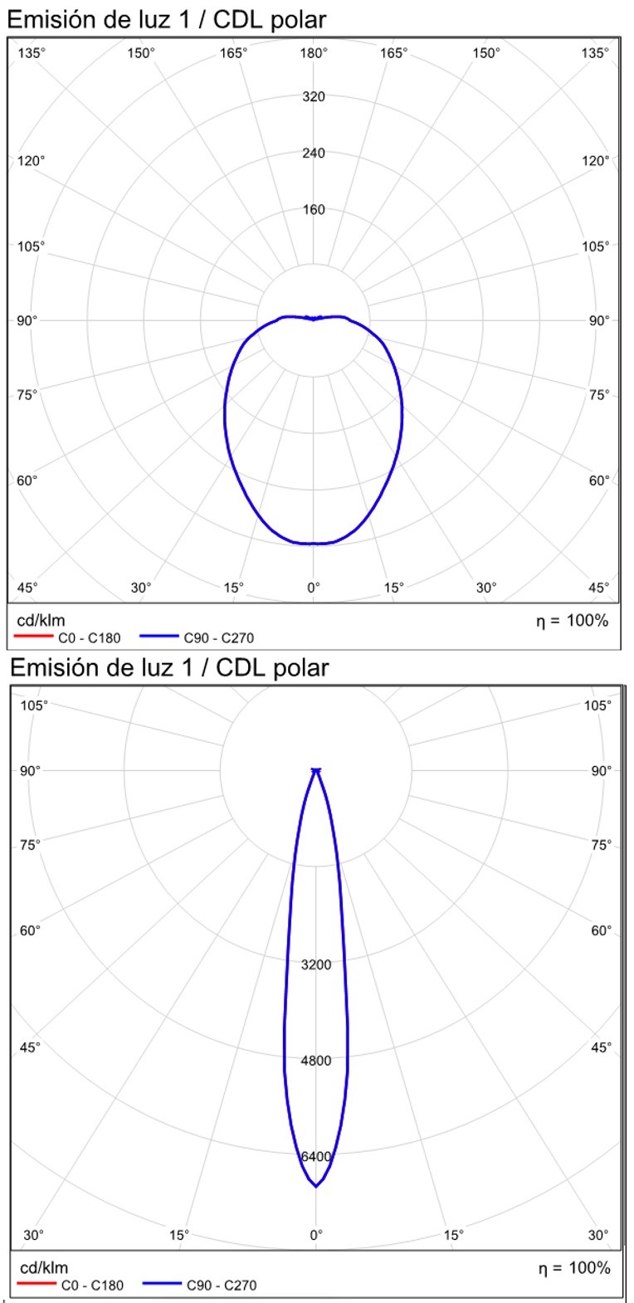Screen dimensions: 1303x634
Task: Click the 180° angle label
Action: pyautogui.click(x=314, y=53)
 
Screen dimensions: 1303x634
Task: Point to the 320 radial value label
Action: pyautogui.click(x=314, y=96)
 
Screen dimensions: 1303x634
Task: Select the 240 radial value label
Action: pyautogui.click(x=314, y=153)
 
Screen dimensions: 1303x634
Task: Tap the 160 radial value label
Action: pyautogui.click(x=314, y=209)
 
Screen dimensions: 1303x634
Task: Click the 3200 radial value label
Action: pyautogui.click(x=316, y=964)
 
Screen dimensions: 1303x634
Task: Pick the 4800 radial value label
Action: pyautogui.click(x=316, y=1060)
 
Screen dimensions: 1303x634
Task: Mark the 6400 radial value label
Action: pyautogui.click(x=316, y=1156)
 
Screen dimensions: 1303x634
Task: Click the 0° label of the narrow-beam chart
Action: pyautogui.click(x=316, y=1234)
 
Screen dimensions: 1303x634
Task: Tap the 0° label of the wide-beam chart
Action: pyautogui.click(x=314, y=587)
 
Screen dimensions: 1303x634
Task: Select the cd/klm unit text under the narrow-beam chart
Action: pyautogui.click(x=44, y=1267)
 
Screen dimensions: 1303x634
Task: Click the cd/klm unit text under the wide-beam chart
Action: pyautogui.click(x=41, y=620)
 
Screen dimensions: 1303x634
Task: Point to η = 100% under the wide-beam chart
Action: pyautogui.click(x=572, y=620)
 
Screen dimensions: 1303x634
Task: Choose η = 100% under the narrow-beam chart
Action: pyautogui.click(x=573, y=1267)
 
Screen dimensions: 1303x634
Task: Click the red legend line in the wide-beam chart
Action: pyautogui.click(x=34, y=637)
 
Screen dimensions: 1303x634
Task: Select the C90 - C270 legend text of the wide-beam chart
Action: pyautogui.click(x=219, y=638)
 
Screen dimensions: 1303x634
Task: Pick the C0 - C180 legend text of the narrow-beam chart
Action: pyautogui.click(x=92, y=1286)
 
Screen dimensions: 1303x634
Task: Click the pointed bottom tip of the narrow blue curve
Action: pyautogui.click(x=316, y=1186)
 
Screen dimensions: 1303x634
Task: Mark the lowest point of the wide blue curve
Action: pyautogui.click(x=313, y=544)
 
